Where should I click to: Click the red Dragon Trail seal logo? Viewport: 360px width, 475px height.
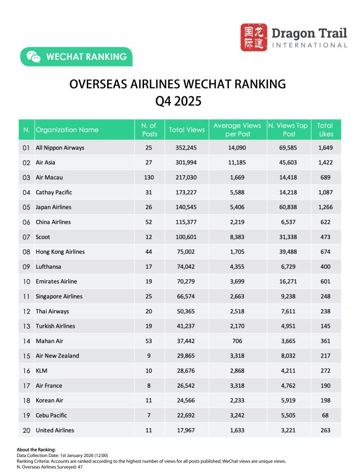click(x=253, y=37)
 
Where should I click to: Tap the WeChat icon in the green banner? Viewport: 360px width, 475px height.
click(x=33, y=57)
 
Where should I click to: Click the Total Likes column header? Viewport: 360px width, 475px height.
click(x=325, y=130)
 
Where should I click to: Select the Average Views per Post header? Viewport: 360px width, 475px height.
click(x=237, y=130)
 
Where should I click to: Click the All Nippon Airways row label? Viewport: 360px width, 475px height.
click(x=60, y=148)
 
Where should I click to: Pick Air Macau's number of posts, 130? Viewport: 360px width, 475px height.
click(x=149, y=177)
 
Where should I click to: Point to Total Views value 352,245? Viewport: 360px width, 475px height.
click(x=186, y=148)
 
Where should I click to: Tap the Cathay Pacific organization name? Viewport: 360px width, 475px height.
click(x=54, y=192)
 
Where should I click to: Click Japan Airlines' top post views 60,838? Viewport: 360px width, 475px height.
click(x=288, y=207)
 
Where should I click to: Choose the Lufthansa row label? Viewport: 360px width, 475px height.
click(x=49, y=267)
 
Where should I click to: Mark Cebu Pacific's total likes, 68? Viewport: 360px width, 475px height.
click(x=325, y=415)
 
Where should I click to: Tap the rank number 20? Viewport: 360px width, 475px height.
click(x=27, y=430)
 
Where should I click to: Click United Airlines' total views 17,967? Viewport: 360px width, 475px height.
click(x=186, y=430)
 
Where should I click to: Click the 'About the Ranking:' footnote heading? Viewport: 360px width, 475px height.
click(x=36, y=450)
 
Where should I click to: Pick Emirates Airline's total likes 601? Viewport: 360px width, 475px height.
click(x=325, y=281)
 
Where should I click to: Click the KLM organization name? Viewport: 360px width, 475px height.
click(x=42, y=371)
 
